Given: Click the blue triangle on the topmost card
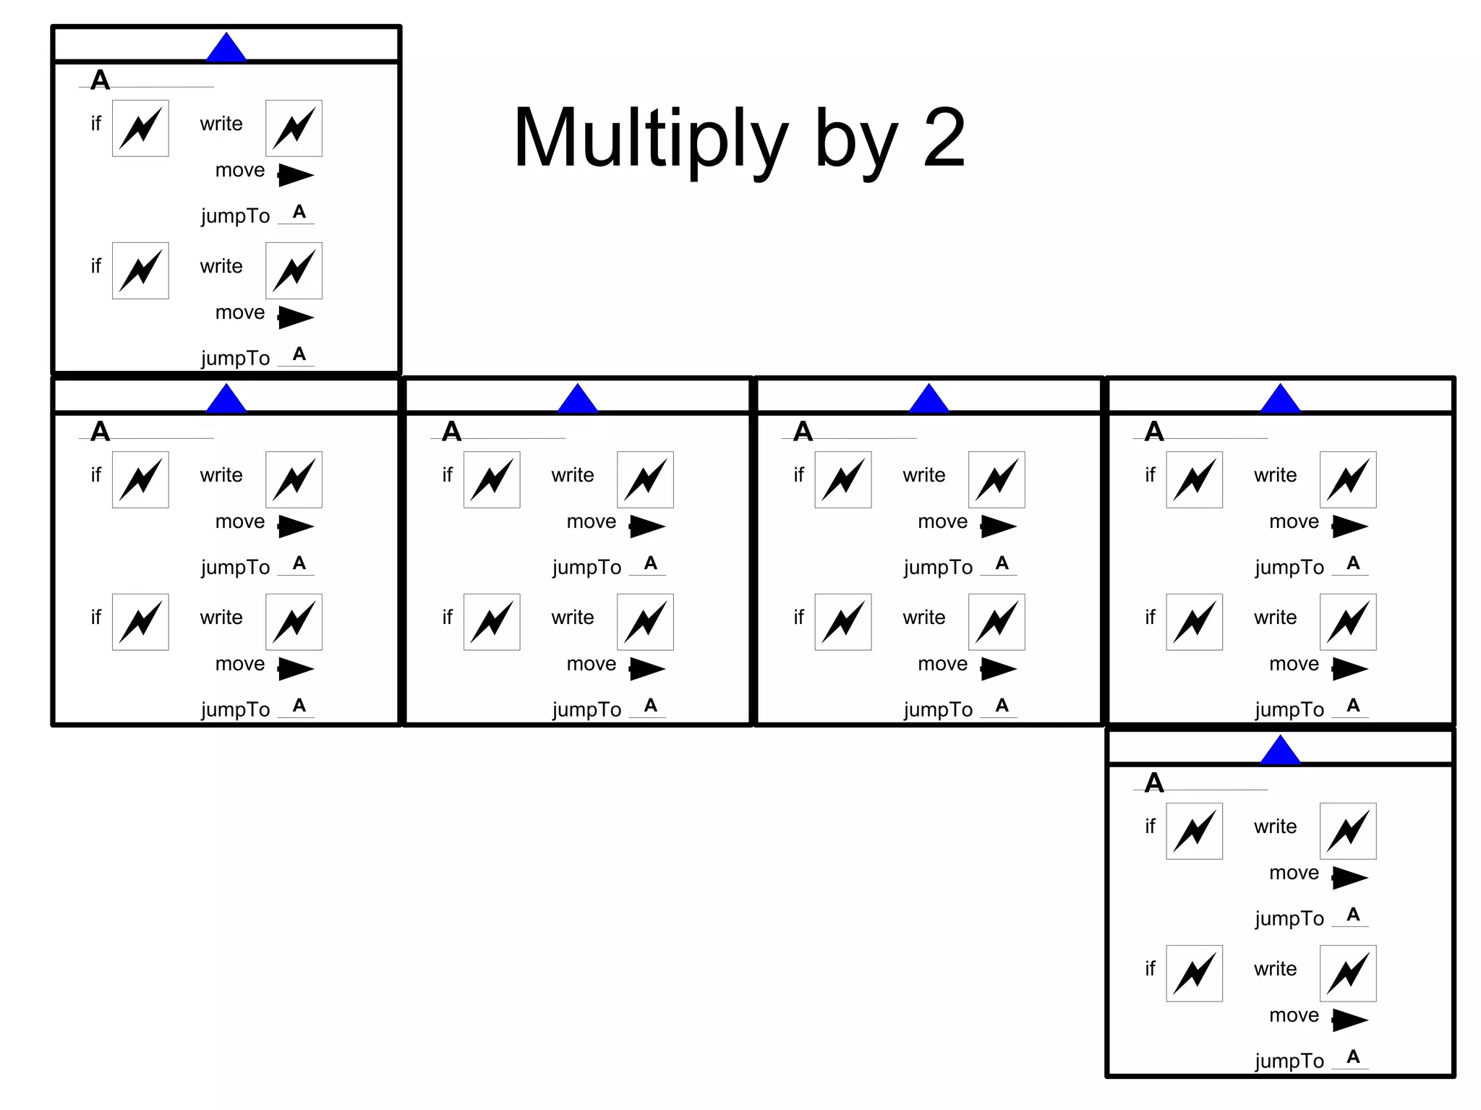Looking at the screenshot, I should click(x=226, y=48).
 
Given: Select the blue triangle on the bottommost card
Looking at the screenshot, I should click(x=1280, y=751).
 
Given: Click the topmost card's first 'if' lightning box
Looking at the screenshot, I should click(x=140, y=128).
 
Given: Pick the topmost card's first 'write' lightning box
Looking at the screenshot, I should click(x=294, y=128).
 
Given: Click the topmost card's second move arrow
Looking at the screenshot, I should click(x=296, y=317).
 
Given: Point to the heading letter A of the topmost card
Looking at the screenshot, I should click(x=101, y=80).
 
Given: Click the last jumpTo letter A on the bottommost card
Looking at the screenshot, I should click(x=1353, y=1056).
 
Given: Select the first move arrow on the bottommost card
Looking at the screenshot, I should click(x=1349, y=877).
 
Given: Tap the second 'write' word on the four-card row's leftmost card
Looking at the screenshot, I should click(x=221, y=618).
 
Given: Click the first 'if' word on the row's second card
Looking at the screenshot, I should click(x=447, y=475).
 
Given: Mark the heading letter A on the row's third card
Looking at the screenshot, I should click(x=803, y=432).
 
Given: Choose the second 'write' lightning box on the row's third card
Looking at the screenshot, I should click(x=996, y=622).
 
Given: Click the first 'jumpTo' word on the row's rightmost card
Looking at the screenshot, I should click(x=1289, y=568).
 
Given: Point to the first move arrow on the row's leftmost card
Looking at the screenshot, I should click(x=296, y=526).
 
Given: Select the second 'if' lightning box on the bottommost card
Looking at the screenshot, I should click(x=1194, y=973).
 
